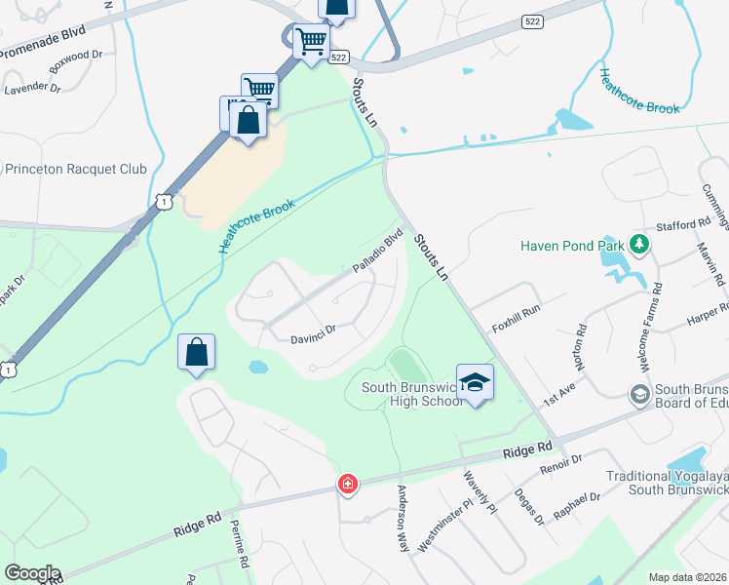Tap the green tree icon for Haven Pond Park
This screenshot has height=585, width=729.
[639, 244]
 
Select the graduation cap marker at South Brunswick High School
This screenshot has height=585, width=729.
[475, 382]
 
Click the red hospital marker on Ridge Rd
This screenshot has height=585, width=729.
[346, 484]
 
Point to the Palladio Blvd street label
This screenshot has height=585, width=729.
[378, 252]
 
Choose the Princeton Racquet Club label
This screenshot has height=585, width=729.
[76, 169]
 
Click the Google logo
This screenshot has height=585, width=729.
[33, 573]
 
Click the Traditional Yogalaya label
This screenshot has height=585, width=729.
[667, 477]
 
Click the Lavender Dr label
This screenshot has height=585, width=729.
[32, 89]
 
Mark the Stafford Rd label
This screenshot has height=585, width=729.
[683, 224]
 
